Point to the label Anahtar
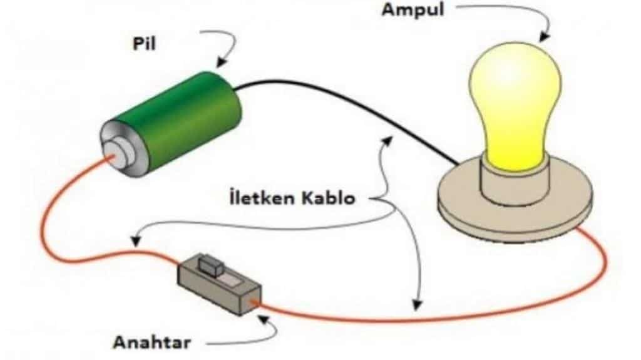[151, 342]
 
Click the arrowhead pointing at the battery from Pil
[220, 64]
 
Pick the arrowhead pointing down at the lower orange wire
[416, 306]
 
